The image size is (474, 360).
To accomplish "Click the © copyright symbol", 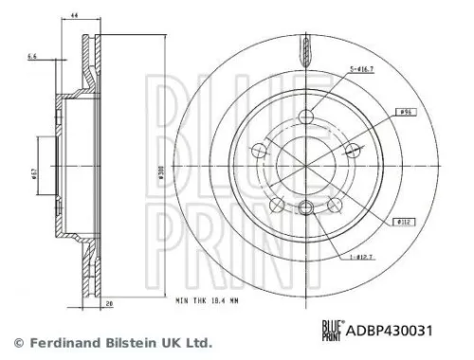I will (x=17, y=342).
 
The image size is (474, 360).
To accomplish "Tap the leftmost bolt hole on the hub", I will (x=263, y=150).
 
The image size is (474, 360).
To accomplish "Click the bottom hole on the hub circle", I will (x=304, y=210).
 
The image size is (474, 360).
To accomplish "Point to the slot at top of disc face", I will (x=304, y=45).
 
